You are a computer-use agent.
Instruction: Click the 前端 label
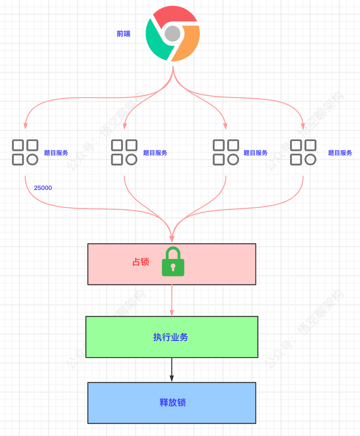[123, 34]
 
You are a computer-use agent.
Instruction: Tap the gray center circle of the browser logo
[172, 34]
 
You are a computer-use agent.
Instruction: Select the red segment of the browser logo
[174, 15]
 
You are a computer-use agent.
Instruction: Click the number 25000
[43, 188]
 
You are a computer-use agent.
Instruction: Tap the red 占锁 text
[141, 262]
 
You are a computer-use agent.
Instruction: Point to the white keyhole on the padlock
[173, 267]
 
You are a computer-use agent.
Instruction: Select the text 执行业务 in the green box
[170, 337]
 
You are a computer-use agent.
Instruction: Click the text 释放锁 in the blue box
[172, 402]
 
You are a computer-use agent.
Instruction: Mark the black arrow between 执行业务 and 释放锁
[172, 369]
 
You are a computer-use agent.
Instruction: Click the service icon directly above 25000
[25, 152]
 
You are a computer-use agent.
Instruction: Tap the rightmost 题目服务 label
[340, 153]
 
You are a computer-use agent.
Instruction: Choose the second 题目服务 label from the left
[155, 153]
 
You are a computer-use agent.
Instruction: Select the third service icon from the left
[226, 152]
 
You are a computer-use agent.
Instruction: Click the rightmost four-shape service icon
[303, 152]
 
